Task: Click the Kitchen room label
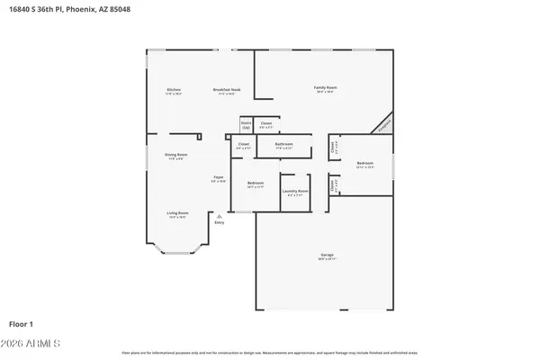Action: click(x=175, y=89)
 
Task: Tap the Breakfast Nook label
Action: click(x=227, y=89)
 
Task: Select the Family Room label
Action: click(x=325, y=87)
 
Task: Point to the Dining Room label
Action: click(x=176, y=155)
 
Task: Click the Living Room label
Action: click(x=176, y=213)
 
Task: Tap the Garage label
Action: click(x=327, y=256)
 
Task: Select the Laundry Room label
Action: click(x=296, y=191)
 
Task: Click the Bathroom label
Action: click(x=284, y=144)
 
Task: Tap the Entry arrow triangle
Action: click(x=220, y=215)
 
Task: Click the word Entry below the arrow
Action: click(x=220, y=222)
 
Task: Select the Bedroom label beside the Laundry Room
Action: click(x=256, y=184)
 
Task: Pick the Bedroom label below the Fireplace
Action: click(x=364, y=164)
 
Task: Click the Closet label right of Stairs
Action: click(x=265, y=124)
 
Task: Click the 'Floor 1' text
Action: click(x=19, y=323)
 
